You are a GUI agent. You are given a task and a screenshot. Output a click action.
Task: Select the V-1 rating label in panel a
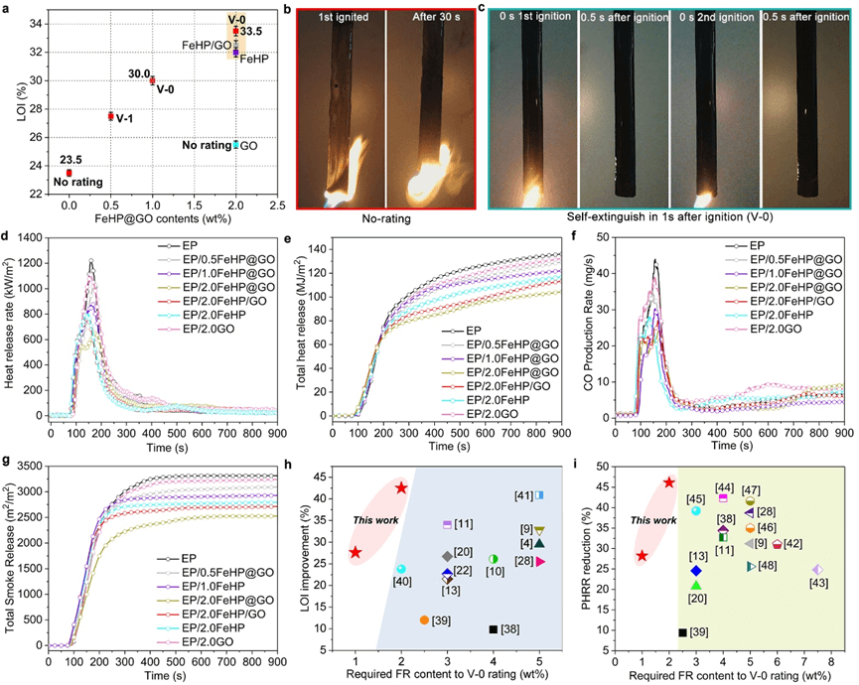point(125,117)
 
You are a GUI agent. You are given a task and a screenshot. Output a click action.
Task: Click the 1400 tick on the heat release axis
point(31,238)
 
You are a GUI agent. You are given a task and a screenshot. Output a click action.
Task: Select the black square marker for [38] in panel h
point(494,628)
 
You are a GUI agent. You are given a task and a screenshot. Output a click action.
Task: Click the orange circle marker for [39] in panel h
point(424,619)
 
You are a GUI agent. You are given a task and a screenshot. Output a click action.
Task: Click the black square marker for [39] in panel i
point(682,632)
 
